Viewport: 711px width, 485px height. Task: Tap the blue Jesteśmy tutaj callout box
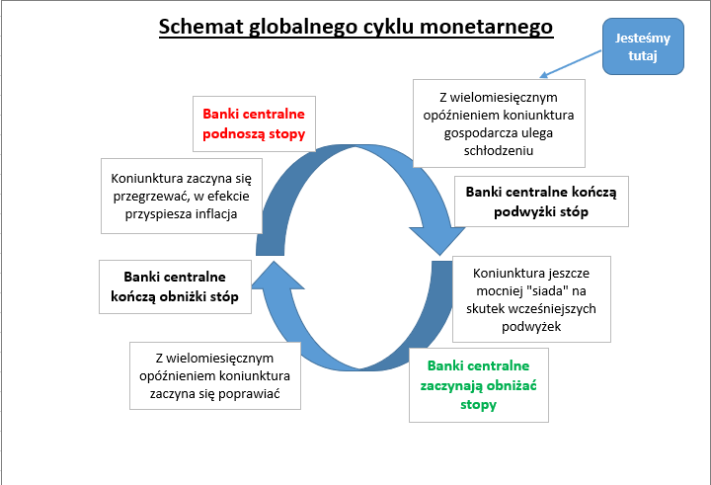[x=642, y=47]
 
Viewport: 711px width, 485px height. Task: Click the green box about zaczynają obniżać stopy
[x=479, y=385]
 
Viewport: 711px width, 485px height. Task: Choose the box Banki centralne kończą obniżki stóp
[x=175, y=286]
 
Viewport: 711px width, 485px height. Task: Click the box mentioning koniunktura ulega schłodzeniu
[x=499, y=123]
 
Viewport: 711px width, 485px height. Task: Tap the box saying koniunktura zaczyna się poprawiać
[x=214, y=375]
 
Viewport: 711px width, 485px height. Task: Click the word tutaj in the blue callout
[x=642, y=56]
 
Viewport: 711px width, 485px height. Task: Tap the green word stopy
[x=479, y=404]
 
